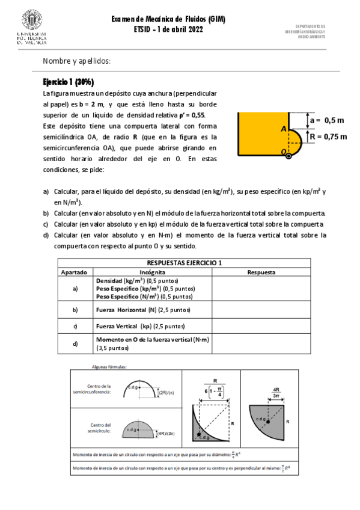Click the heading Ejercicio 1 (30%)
tap(68, 82)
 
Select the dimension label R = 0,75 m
tap(328, 137)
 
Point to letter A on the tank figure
tap(282, 129)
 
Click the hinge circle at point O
tap(289, 155)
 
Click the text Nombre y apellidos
tap(76, 61)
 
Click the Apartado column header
tap(75, 272)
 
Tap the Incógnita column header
tap(153, 272)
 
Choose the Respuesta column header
tap(261, 272)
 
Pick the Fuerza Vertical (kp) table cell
tap(141, 327)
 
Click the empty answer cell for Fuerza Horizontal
tap(261, 310)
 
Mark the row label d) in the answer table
tap(75, 343)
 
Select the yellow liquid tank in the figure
tap(258, 134)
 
